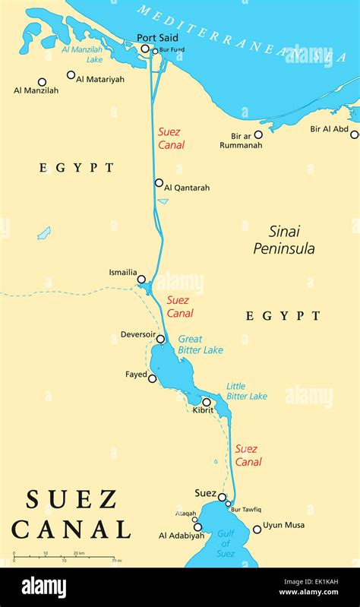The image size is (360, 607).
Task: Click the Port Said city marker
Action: coord(145,49)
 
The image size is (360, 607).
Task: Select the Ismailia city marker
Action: coord(141,280)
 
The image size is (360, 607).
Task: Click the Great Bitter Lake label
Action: coord(201,345)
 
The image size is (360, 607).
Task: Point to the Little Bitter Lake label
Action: coord(247,391)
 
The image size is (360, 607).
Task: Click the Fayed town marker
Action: coord(153,378)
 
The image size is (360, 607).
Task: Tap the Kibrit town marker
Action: coord(207,402)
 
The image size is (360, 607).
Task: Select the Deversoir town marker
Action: coord(160,340)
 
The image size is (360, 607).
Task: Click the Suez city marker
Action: coord(223,498)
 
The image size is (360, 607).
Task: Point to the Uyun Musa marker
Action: coord(257,529)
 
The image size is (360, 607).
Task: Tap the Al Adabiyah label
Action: coord(182,536)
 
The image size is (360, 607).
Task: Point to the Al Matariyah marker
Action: coord(71,74)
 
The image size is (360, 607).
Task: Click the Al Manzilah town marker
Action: coord(42,82)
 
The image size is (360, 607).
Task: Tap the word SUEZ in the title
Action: coord(72,499)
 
